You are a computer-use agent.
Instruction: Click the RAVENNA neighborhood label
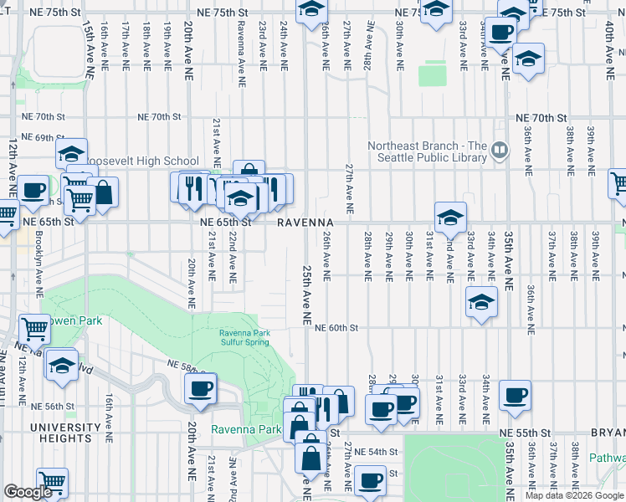pos(305,222)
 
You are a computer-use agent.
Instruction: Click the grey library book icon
pos(500,151)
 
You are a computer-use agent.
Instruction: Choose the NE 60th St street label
pos(336,329)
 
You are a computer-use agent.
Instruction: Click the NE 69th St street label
pos(43,137)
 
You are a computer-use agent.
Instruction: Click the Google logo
pos(28,492)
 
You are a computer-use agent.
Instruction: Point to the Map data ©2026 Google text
pos(574,495)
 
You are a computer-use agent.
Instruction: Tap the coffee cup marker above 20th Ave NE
pos(200,389)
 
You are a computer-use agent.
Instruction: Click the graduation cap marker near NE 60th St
pos(481,303)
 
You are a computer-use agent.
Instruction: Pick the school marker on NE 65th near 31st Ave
pos(449,218)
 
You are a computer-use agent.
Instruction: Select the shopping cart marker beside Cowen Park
pos(34,329)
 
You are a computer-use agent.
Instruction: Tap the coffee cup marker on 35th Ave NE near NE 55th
pos(515,394)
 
